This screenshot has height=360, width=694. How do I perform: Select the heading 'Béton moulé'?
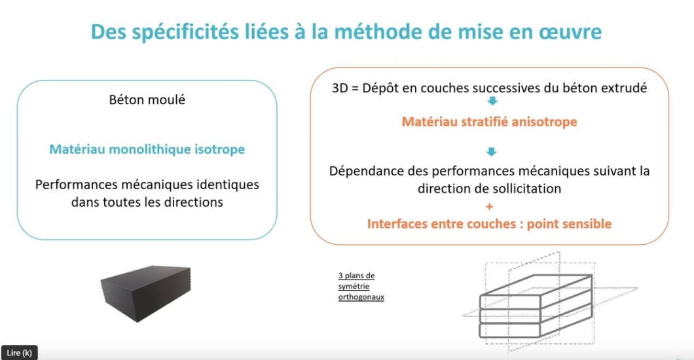pyautogui.click(x=147, y=99)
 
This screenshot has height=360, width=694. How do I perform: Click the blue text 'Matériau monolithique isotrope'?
pyautogui.click(x=147, y=149)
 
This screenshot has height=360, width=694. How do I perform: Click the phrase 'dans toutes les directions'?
pyautogui.click(x=147, y=202)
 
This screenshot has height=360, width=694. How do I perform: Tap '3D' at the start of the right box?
pyautogui.click(x=340, y=88)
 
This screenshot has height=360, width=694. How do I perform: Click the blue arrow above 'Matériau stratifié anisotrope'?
pyautogui.click(x=492, y=101)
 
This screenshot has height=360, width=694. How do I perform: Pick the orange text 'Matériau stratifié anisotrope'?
pyautogui.click(x=490, y=122)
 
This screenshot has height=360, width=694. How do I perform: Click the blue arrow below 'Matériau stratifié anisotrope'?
pyautogui.click(x=491, y=152)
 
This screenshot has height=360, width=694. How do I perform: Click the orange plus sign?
pyautogui.click(x=490, y=207)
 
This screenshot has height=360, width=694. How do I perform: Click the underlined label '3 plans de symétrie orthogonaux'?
pyautogui.click(x=361, y=286)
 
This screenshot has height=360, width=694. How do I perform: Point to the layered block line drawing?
pyautogui.click(x=536, y=306)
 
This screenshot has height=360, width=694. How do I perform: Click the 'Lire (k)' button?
pyautogui.click(x=20, y=353)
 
